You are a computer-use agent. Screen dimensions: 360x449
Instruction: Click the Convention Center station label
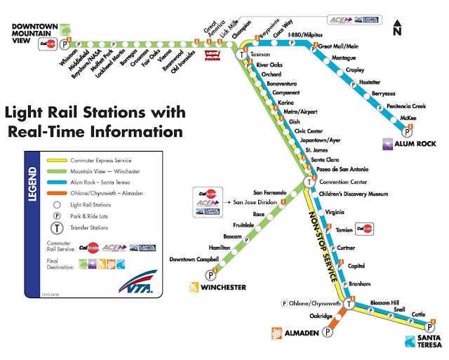click(340, 182)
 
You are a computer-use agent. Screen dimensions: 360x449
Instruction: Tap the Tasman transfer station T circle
click(243, 55)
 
